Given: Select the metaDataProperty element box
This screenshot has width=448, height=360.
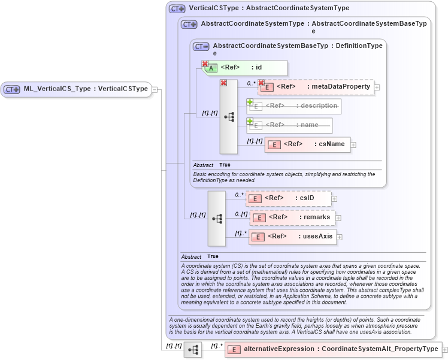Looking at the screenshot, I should (316, 87).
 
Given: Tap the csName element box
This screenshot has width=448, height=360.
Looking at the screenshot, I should (307, 144).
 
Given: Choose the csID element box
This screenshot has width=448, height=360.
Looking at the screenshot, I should (288, 198).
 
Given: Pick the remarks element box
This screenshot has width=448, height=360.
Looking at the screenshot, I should (292, 217).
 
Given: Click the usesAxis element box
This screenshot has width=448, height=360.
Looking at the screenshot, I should (292, 237).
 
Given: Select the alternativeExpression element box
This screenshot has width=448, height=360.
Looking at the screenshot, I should (332, 349).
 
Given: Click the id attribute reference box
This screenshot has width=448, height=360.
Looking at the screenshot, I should (246, 68).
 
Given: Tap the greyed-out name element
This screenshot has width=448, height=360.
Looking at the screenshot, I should (289, 125).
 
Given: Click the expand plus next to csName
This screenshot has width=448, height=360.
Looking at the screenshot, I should (353, 145).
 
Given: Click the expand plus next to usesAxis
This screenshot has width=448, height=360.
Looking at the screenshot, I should (340, 237).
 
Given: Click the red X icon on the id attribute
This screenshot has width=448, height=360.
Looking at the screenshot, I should (205, 63).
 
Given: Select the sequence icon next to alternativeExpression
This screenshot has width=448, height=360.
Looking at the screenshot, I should (192, 350).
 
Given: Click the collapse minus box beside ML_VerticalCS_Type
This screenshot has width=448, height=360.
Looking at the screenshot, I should (155, 89).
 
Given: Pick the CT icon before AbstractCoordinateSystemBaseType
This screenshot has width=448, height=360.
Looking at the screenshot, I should (201, 46).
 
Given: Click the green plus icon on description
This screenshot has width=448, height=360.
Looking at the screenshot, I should (250, 102).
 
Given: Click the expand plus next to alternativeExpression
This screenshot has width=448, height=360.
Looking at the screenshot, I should (444, 350).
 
